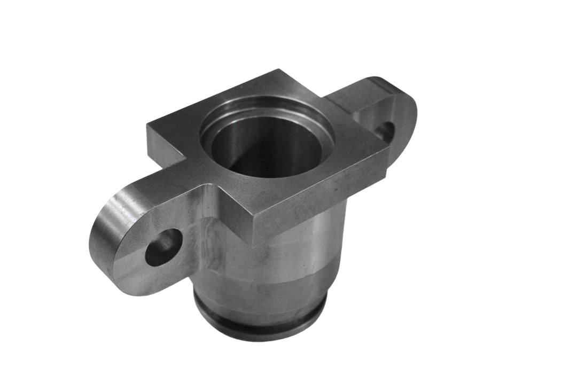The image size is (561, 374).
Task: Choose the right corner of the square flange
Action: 389,151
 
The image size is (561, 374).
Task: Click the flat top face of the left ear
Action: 160,182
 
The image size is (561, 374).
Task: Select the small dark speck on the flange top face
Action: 332,189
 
